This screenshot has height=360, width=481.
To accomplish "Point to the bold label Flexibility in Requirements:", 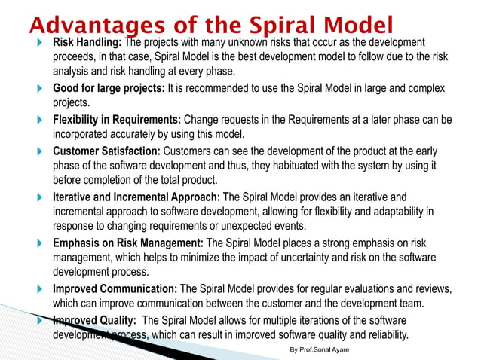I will click(x=116, y=120).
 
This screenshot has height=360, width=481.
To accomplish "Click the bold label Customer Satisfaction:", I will click(x=106, y=151).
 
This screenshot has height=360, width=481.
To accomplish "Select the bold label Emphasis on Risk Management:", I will click(x=128, y=243).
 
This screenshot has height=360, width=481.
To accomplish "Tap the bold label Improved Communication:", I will click(x=115, y=289).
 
